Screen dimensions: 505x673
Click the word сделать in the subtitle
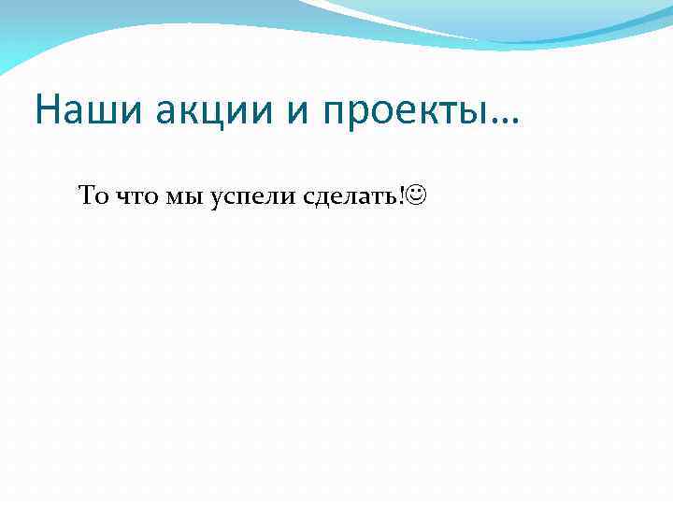click(351, 197)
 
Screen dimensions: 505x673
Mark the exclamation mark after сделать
click(403, 195)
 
